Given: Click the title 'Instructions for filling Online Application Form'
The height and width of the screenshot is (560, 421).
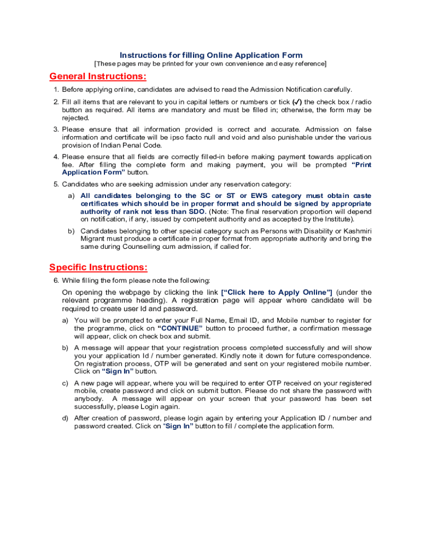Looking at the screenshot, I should [211, 55].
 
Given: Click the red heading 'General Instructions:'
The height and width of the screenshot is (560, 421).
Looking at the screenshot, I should [98, 76].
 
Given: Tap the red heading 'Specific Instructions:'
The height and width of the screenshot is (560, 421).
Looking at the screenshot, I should [98, 267].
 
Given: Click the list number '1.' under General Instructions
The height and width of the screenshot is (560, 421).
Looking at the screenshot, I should [56, 90].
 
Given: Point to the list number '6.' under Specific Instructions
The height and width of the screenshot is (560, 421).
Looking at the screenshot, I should [56, 280].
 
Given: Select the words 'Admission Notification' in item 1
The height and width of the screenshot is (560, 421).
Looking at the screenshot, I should [286, 90].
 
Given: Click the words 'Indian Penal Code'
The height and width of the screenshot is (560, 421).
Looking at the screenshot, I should [130, 145].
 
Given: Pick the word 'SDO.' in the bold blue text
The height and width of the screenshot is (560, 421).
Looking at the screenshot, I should [197, 212].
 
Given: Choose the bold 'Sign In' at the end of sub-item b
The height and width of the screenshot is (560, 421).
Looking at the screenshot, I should [118, 371].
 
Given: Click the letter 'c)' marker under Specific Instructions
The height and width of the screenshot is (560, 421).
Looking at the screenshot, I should [65, 383].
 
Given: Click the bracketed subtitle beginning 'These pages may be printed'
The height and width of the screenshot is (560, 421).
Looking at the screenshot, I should [210, 64].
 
